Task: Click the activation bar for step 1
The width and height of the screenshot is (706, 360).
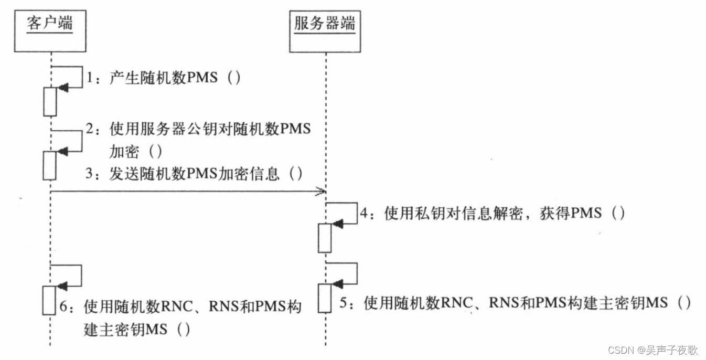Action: tap(50, 101)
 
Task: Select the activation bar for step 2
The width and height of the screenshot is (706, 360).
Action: tap(50, 165)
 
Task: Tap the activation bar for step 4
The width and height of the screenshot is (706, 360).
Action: tap(325, 238)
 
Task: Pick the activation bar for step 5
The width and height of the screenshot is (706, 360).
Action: tap(325, 298)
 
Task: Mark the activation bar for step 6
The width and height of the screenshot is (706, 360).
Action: tap(49, 300)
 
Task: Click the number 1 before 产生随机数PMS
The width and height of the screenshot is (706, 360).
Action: tap(90, 79)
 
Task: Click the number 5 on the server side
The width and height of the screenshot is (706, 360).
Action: tap(344, 303)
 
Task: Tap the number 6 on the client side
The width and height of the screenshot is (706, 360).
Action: tap(64, 306)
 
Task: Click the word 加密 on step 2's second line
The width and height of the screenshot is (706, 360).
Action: tap(124, 152)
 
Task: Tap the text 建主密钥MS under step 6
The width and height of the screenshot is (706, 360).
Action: tap(125, 330)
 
